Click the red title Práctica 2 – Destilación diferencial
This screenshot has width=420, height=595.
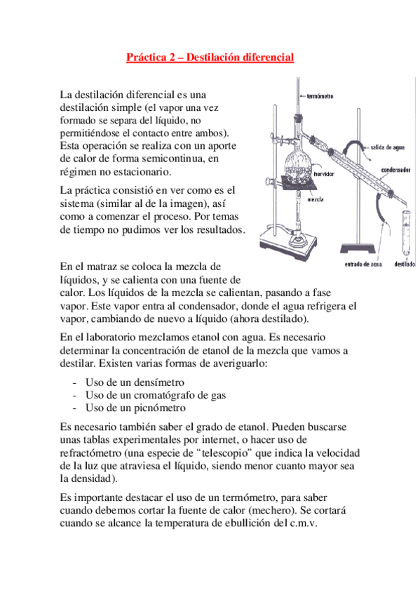210,58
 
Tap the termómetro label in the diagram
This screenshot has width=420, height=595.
320,96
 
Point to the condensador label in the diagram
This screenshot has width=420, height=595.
395,170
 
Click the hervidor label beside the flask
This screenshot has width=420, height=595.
324,174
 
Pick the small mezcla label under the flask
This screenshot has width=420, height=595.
316,199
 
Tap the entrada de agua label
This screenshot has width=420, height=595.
363,264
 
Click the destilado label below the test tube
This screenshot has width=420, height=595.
405,264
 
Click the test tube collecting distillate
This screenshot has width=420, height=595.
407,234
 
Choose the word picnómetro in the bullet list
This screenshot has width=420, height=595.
160,408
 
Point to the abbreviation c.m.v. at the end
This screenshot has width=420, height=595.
304,523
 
